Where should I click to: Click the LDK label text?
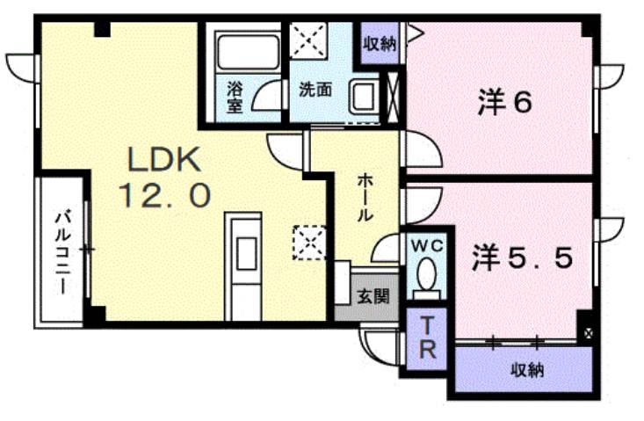(x=166, y=160)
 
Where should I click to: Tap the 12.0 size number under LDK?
(x=166, y=195)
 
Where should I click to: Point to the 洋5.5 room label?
(x=525, y=258)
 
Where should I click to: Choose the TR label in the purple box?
(x=427, y=338)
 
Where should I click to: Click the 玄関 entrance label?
(x=371, y=297)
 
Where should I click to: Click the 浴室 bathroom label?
(x=235, y=97)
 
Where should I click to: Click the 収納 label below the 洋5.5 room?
(x=528, y=371)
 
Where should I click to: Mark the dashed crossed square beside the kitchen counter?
(x=309, y=243)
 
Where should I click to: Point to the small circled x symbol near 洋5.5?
(x=588, y=334)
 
